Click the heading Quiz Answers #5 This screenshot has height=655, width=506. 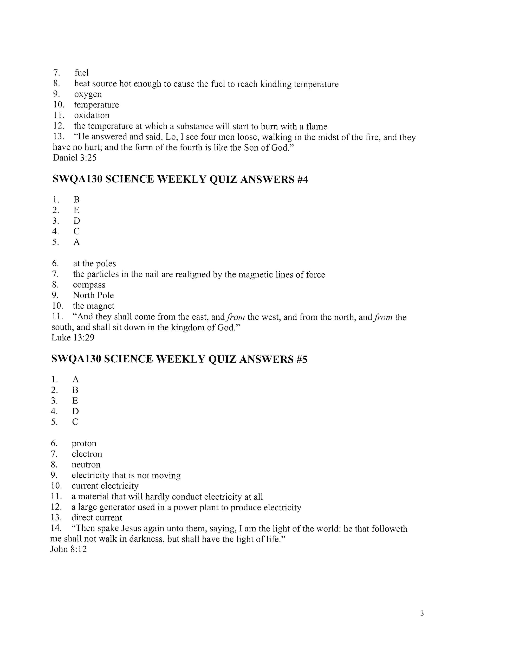point(179,359)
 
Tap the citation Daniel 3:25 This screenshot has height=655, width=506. point(75,157)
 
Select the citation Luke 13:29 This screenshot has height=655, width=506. point(73,337)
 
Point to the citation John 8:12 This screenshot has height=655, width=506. point(68,549)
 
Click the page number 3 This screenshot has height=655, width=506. point(422,613)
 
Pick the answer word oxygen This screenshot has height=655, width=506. point(88,94)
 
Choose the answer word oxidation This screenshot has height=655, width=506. point(92,115)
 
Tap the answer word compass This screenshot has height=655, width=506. point(89,285)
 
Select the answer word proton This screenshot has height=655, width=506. point(84,443)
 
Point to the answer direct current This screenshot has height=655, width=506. point(97,517)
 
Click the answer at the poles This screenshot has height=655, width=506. point(94,263)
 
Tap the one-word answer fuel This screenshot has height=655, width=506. point(82,73)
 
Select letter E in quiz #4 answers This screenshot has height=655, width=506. point(76,210)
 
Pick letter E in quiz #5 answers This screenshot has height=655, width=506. point(75,400)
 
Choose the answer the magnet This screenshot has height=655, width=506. point(94,306)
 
